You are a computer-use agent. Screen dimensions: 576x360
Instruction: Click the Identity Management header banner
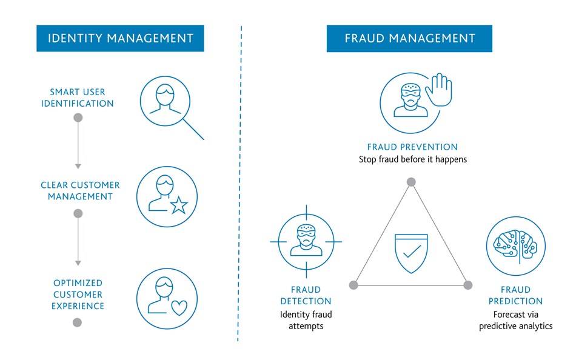point(120,38)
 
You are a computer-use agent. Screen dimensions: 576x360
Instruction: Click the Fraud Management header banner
point(409,39)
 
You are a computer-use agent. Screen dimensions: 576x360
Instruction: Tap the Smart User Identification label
point(78,98)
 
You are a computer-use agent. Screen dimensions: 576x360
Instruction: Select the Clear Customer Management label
point(80,191)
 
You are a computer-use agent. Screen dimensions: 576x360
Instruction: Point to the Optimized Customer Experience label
point(78,295)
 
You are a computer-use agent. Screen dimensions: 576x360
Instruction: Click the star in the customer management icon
point(179,205)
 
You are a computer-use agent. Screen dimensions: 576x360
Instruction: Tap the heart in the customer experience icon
point(179,308)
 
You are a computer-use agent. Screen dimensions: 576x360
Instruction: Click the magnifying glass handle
point(193,129)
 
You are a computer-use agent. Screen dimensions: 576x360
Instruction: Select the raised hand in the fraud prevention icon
point(438,90)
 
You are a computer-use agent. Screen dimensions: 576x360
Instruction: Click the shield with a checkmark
point(411,253)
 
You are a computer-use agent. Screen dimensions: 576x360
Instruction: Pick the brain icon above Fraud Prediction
point(516,245)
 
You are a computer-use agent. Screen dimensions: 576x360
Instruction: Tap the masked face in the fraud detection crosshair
point(306,240)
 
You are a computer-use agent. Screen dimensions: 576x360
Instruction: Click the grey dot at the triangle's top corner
point(411,182)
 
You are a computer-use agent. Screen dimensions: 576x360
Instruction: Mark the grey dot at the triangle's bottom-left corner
point(353,285)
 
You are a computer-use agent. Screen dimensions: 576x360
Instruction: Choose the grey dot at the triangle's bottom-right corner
point(468,285)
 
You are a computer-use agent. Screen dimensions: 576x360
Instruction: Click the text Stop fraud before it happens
point(413,159)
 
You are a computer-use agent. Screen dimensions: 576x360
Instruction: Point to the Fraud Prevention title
point(412,147)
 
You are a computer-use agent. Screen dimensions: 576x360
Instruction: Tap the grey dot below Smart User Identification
point(78,118)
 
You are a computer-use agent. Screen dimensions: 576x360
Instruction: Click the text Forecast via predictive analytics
point(516,320)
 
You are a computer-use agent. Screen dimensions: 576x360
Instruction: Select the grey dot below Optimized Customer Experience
point(77,322)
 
